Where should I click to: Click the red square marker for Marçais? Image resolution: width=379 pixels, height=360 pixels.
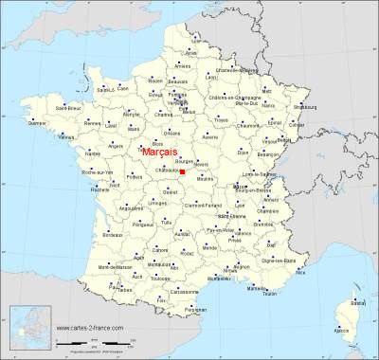(x=181, y=171)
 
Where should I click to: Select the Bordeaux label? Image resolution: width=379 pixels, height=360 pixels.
(x=110, y=233)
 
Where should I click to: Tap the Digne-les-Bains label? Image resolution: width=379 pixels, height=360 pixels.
(x=297, y=259)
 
